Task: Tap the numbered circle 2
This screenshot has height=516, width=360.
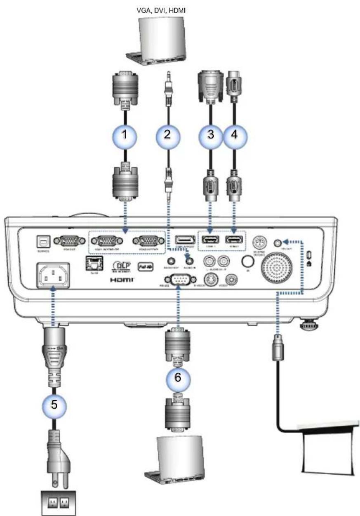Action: pyautogui.click(x=168, y=136)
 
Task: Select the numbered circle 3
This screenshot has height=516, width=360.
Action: pyautogui.click(x=211, y=136)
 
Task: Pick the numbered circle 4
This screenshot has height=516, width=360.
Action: pyautogui.click(x=234, y=136)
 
